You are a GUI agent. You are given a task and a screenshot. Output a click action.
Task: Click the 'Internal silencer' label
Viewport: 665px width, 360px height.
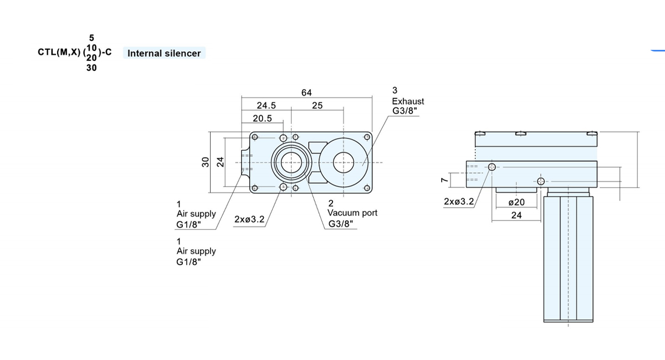coord(164,53)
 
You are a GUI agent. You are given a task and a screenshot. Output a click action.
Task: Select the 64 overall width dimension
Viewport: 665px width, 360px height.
coord(306,92)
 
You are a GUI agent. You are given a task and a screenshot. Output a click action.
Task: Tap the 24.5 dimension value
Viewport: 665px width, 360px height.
coord(266,105)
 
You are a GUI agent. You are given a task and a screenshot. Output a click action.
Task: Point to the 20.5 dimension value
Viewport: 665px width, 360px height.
coord(262,119)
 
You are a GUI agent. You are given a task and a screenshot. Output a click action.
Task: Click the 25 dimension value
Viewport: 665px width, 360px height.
coord(317,105)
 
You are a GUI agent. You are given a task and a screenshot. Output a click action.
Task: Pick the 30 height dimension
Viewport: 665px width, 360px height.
coord(205,162)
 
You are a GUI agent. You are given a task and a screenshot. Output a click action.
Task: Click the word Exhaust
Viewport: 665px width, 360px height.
coord(408,101)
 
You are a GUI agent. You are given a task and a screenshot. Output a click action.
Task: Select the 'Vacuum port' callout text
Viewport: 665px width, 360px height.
coord(352,213)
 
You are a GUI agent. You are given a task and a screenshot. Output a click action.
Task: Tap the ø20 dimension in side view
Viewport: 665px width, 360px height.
coord(516,202)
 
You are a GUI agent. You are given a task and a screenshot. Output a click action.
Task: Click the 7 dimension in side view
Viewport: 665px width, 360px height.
coord(444,180)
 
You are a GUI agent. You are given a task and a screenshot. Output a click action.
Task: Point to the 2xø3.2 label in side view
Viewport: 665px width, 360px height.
coord(459,202)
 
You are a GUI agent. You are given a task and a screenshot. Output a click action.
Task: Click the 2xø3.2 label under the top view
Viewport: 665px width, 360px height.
coord(249,219)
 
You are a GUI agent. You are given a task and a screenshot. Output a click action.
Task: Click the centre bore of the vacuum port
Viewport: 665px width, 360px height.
coord(291,162)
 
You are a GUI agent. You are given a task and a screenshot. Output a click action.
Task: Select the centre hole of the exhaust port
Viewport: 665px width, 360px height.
coord(344,162)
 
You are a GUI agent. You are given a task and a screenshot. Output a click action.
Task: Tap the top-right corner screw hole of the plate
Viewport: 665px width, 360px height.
coord(367,137)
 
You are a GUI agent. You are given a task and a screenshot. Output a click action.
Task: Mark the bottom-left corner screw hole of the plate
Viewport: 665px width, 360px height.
coord(254,188)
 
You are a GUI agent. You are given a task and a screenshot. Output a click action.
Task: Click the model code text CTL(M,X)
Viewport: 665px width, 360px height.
coord(59,52)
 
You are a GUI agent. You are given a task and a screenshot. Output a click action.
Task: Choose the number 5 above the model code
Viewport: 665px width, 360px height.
coord(91,38)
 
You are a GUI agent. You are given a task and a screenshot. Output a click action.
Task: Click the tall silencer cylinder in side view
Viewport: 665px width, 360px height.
coord(568,259)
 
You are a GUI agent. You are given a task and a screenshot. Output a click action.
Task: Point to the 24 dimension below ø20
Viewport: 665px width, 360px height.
coord(516,215)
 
